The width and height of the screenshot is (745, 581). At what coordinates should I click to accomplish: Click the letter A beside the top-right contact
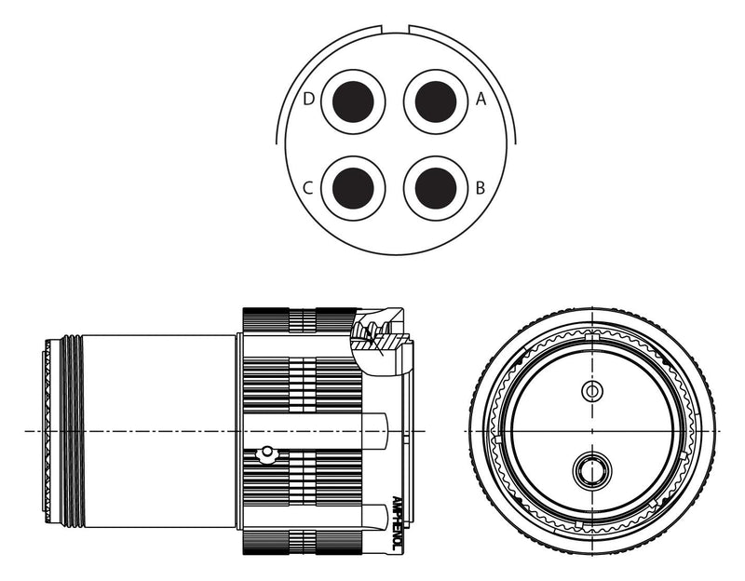[481, 100]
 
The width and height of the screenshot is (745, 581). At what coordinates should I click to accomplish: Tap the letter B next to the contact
[481, 188]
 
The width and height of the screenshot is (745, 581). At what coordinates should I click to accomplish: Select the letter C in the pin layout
[308, 188]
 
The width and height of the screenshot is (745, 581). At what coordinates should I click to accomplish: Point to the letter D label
[309, 100]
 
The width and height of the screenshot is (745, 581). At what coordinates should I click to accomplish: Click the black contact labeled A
[436, 101]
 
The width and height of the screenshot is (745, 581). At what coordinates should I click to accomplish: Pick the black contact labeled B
[436, 189]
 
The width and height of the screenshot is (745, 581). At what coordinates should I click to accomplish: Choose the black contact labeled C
[353, 189]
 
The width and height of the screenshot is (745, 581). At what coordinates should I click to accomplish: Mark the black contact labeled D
[353, 101]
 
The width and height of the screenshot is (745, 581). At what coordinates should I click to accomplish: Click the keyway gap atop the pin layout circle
[395, 29]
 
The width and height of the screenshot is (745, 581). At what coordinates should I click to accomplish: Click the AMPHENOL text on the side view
[397, 524]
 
